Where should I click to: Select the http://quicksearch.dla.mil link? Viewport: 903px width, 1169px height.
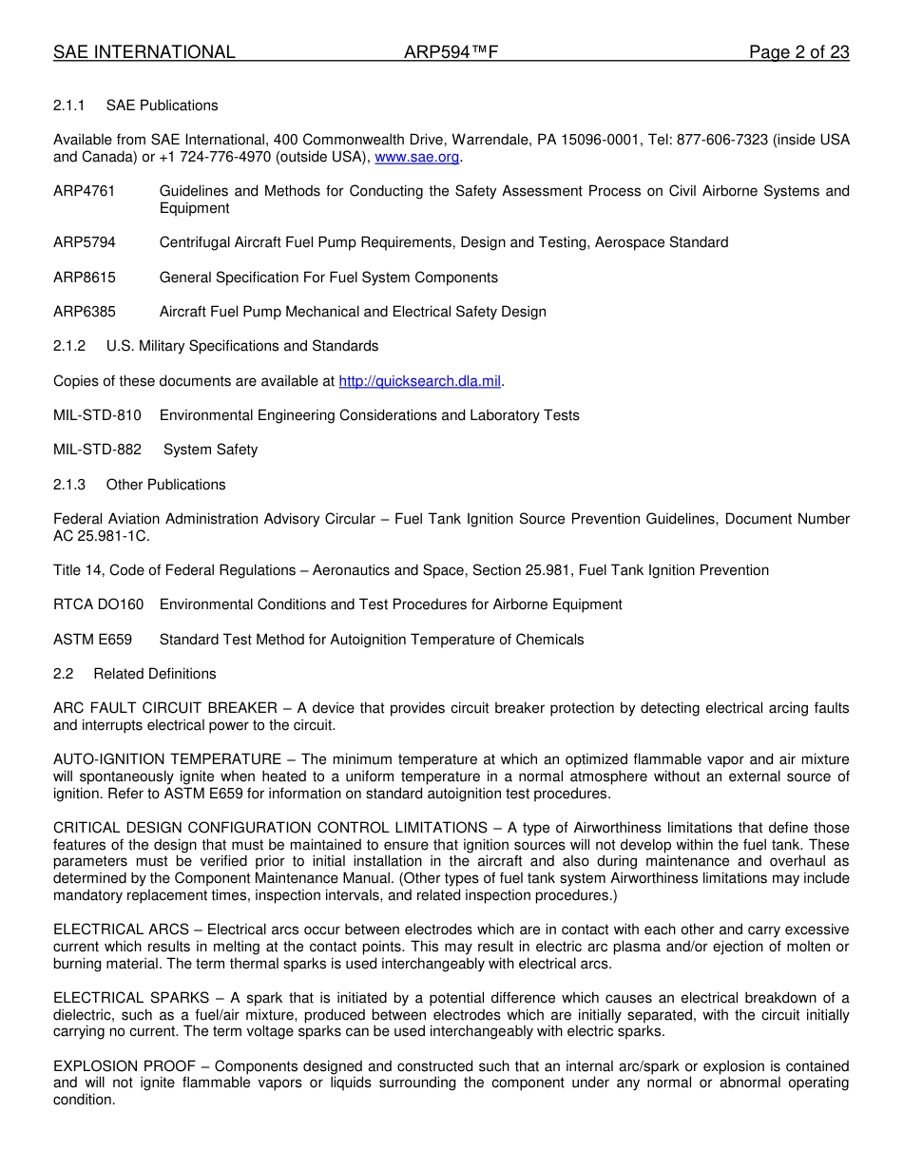(x=419, y=381)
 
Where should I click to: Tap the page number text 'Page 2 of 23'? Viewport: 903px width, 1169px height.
(x=798, y=52)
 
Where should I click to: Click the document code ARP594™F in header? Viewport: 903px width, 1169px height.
(x=451, y=52)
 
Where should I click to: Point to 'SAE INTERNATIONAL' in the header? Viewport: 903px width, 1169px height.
(x=144, y=52)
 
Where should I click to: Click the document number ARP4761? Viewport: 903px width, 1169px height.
(x=85, y=191)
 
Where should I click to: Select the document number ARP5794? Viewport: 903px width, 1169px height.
(x=85, y=242)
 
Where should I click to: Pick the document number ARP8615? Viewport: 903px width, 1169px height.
(x=85, y=278)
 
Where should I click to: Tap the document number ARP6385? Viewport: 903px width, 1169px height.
(x=85, y=312)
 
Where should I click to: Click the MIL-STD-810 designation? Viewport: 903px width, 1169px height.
(x=97, y=415)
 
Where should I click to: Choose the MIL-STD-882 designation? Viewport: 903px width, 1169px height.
(x=97, y=450)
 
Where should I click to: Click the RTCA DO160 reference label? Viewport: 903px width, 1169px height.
(x=99, y=604)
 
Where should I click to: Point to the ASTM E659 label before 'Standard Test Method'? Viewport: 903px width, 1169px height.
(x=92, y=640)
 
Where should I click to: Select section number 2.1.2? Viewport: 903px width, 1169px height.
(x=69, y=346)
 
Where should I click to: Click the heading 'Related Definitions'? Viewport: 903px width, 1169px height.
(x=155, y=674)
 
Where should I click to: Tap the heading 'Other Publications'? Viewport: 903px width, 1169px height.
(x=165, y=485)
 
